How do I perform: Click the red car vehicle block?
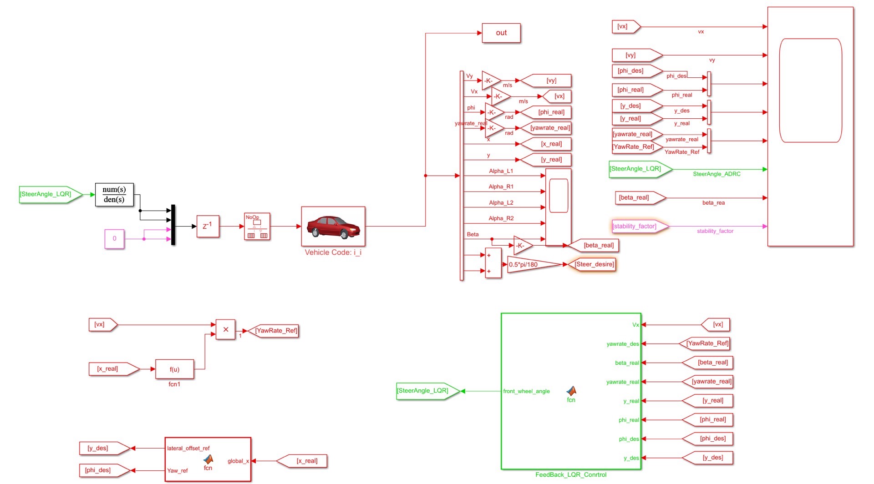point(333,226)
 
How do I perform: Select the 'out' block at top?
point(501,33)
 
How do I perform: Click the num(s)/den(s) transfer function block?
point(114,195)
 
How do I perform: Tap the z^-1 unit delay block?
point(208,226)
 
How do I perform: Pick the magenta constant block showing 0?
point(114,239)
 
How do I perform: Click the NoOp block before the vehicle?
point(257,227)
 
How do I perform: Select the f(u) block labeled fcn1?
point(174,369)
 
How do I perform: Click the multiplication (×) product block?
point(225,329)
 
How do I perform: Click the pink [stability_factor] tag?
point(637,226)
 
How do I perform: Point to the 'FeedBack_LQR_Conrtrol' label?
point(571,475)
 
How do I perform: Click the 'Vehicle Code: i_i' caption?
point(333,252)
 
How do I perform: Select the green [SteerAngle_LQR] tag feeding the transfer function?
point(48,194)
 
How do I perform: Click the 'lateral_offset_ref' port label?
point(188,449)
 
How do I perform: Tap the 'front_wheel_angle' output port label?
point(526,391)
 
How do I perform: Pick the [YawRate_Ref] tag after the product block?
point(274,331)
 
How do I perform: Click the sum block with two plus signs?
point(493,263)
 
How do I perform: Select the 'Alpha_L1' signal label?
point(501,171)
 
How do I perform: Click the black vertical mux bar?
point(173,225)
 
